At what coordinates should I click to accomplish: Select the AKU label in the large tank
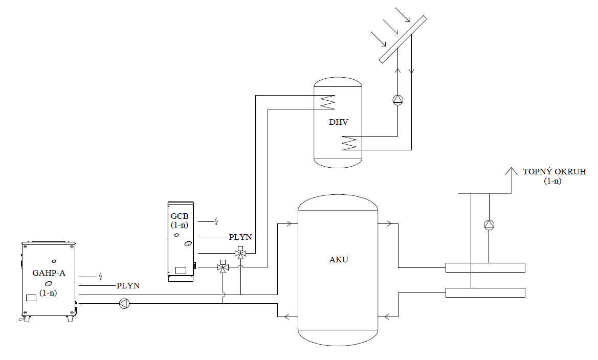[339, 259]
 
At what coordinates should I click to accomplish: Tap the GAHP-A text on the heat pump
[49, 273]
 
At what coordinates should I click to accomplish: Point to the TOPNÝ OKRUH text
[555, 172]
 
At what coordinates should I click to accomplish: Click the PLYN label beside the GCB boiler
[240, 237]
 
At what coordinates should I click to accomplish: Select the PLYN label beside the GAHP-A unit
[128, 285]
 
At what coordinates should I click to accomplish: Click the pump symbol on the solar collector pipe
[398, 100]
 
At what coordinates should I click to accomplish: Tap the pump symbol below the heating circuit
[490, 224]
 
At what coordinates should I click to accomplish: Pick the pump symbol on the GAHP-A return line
[124, 304]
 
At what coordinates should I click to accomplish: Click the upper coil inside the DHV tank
[327, 102]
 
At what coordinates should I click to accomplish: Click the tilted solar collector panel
[403, 39]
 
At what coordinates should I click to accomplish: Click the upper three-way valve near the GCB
[240, 254]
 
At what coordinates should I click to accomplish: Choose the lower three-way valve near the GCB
[223, 267]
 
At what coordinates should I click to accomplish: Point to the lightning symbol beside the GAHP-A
[101, 276]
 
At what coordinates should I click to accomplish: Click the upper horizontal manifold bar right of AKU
[485, 267]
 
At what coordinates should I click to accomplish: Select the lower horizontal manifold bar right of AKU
[485, 292]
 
